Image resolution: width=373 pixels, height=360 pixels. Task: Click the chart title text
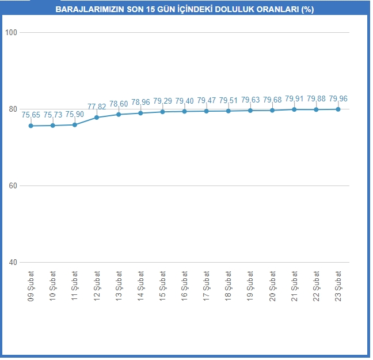[185, 9]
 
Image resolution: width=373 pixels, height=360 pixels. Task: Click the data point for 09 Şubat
[31, 126]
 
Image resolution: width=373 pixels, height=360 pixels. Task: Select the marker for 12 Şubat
[97, 118]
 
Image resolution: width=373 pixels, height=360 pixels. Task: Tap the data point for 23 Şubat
[338, 109]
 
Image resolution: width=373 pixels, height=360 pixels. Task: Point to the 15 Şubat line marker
[162, 112]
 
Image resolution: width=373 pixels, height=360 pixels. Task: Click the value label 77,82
[97, 107]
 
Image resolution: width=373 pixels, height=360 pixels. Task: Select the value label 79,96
[338, 98]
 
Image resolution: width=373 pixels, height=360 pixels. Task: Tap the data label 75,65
[31, 115]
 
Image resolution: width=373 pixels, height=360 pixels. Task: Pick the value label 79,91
[294, 98]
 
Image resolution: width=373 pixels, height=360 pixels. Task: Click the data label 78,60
[119, 104]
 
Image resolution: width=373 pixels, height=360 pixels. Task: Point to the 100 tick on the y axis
[11, 32]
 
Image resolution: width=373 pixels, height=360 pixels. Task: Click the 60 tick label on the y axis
[13, 185]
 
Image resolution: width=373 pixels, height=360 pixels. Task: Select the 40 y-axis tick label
[13, 263]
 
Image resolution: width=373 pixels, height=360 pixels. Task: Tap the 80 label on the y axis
[13, 109]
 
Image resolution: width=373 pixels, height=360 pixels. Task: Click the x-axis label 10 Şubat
[53, 286]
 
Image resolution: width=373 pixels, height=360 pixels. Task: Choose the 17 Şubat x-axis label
[207, 286]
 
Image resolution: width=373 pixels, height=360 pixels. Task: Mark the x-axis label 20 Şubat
[272, 286]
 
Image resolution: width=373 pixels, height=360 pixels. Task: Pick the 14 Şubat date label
[140, 286]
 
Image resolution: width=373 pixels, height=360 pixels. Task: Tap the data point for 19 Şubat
[250, 111]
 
